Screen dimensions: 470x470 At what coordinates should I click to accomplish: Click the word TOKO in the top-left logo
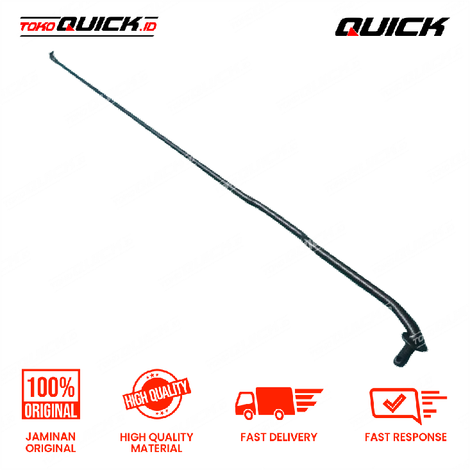(x=38, y=27)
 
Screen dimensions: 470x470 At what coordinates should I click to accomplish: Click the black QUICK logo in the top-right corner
(x=392, y=27)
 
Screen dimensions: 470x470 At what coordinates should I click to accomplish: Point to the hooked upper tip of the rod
(x=51, y=55)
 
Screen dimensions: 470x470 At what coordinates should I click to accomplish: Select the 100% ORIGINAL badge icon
(x=51, y=394)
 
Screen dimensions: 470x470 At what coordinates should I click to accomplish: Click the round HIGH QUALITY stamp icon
(x=156, y=394)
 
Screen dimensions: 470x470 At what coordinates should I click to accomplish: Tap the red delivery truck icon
(x=279, y=403)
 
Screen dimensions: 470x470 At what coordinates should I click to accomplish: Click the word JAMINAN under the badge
(x=51, y=437)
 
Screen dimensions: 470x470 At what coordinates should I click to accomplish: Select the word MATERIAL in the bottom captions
(x=156, y=448)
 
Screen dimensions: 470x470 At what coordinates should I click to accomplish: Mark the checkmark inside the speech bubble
(x=394, y=403)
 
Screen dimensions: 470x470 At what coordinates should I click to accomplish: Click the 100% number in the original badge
(x=51, y=387)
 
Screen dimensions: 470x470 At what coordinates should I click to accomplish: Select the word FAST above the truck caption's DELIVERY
(x=253, y=437)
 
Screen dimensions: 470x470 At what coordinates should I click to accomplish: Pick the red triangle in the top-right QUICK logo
(x=353, y=32)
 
